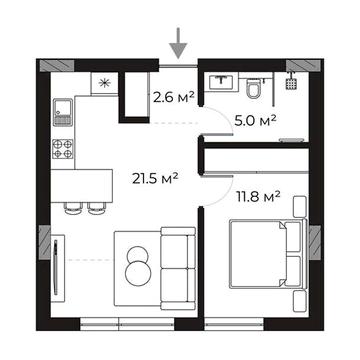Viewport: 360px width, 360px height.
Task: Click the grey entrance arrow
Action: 178,44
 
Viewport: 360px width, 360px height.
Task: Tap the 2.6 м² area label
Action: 174,97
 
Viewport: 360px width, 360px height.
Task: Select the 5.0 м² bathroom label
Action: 255,120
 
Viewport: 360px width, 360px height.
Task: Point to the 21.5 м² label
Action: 155,178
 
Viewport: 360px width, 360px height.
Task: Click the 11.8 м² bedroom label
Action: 258,196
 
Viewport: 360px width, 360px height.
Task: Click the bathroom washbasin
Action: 221,82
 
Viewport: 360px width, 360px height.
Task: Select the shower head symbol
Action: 291,81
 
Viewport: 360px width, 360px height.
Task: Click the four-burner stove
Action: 63,149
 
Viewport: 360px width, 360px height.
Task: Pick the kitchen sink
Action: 63,112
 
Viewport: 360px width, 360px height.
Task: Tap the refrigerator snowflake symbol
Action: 105,83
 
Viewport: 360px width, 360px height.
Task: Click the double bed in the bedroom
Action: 268,253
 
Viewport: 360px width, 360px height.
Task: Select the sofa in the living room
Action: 179,268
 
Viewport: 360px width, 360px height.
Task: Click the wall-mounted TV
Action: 56,267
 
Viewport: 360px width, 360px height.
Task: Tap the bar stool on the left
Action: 72,208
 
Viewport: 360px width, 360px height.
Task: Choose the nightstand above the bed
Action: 299,207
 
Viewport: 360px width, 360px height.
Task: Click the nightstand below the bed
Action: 299,301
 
